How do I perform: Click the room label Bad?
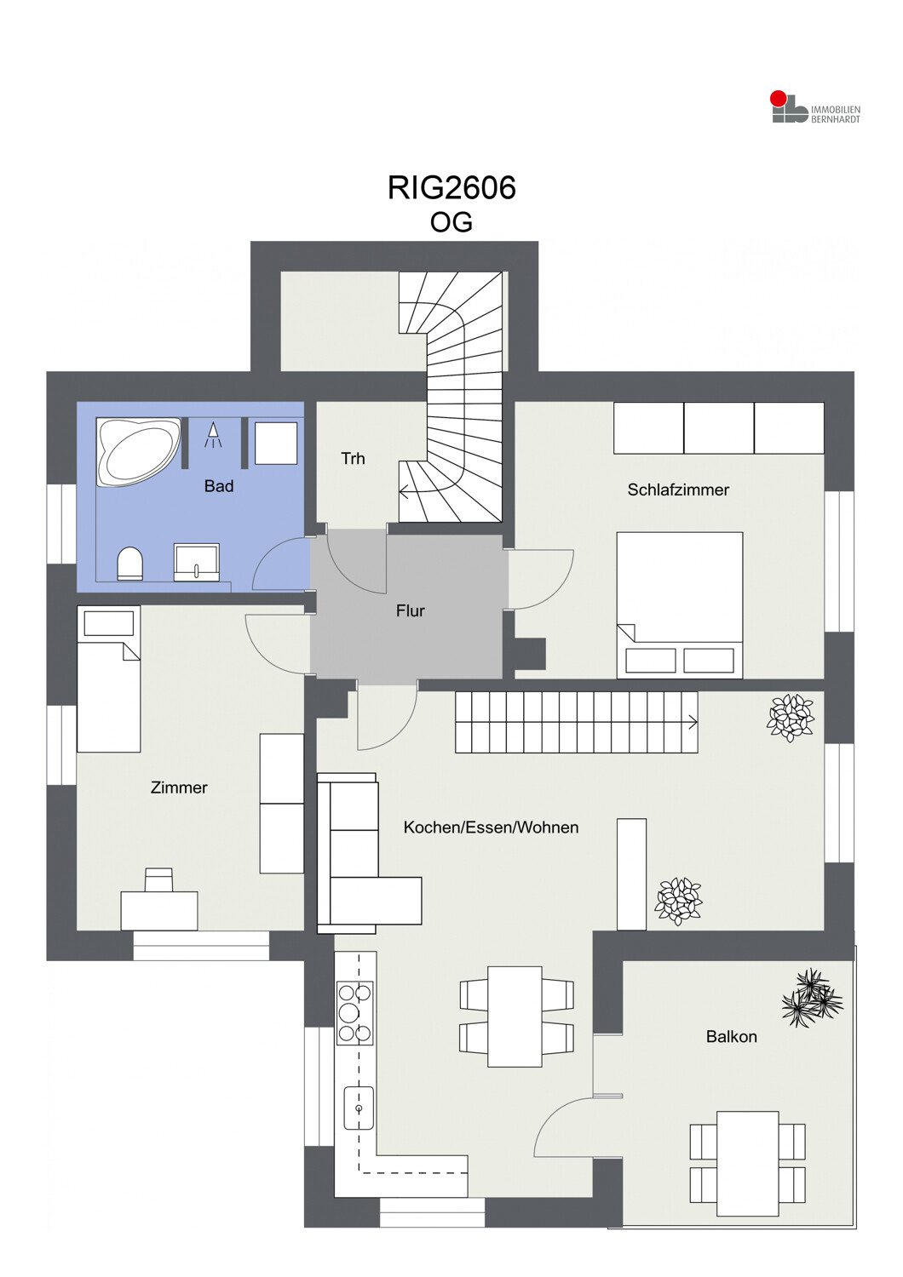pyautogui.click(x=218, y=486)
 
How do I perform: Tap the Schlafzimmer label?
pyautogui.click(x=678, y=490)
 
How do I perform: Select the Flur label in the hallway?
pyautogui.click(x=410, y=611)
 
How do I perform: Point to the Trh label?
pyautogui.click(x=353, y=458)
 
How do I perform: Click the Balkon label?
pyautogui.click(x=731, y=1036)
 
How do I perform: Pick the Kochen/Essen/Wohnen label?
pyautogui.click(x=491, y=827)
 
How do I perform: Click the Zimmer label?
pyautogui.click(x=179, y=787)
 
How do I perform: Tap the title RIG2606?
pyautogui.click(x=451, y=187)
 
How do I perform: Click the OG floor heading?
pyautogui.click(x=451, y=222)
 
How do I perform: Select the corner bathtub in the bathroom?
pyautogui.click(x=139, y=452)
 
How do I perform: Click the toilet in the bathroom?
pyautogui.click(x=129, y=564)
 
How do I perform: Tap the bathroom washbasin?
pyautogui.click(x=196, y=562)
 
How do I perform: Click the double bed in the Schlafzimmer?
pyautogui.click(x=680, y=605)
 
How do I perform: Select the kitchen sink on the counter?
pyautogui.click(x=359, y=1108)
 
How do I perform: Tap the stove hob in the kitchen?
pyautogui.click(x=355, y=1013)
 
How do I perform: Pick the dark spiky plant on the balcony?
pyautogui.click(x=812, y=998)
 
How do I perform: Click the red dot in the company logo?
pyautogui.click(x=778, y=98)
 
